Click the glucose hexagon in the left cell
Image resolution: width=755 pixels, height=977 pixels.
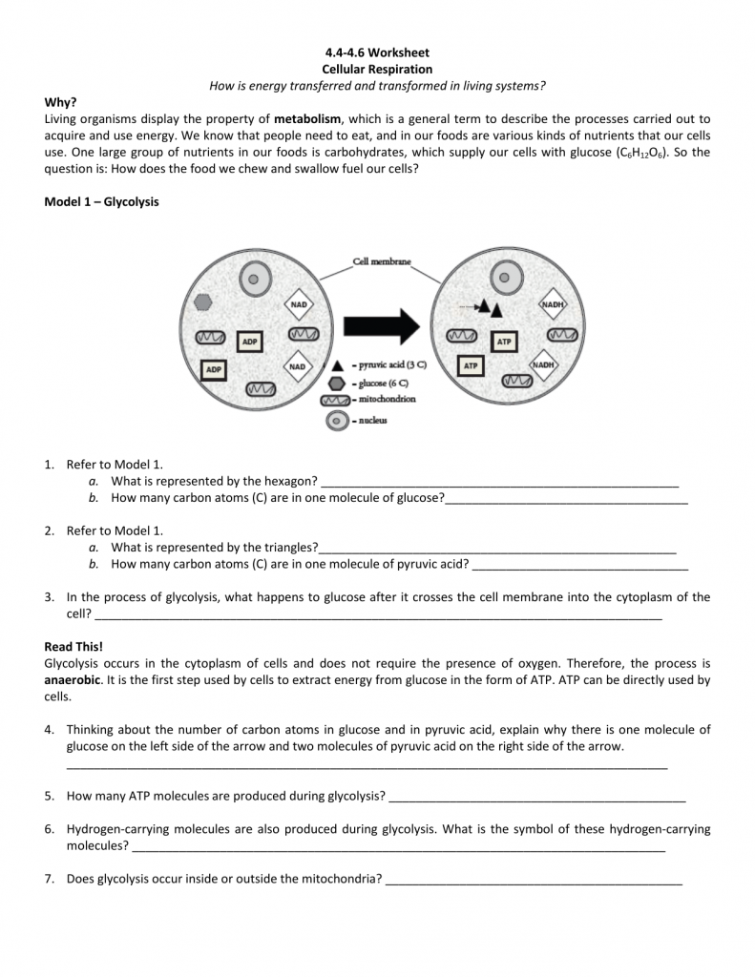(202, 301)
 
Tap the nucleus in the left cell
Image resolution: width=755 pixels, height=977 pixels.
(253, 281)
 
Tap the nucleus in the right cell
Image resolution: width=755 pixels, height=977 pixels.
(507, 279)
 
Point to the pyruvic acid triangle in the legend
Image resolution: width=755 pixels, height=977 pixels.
(337, 365)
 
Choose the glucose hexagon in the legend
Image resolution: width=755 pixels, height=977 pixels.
(337, 382)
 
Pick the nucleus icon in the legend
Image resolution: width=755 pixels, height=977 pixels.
(336, 421)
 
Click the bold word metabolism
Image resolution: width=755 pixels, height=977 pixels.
(307, 119)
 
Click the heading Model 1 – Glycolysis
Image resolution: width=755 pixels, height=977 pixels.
(102, 202)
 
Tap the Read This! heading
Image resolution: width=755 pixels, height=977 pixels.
(73, 646)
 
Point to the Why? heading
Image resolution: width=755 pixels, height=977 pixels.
(60, 102)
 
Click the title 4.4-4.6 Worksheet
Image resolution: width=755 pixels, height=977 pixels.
(377, 52)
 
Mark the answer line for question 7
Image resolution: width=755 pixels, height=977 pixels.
(534, 879)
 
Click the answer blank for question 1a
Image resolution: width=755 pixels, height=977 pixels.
(499, 482)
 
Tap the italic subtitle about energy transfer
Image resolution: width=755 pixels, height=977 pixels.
(377, 86)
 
